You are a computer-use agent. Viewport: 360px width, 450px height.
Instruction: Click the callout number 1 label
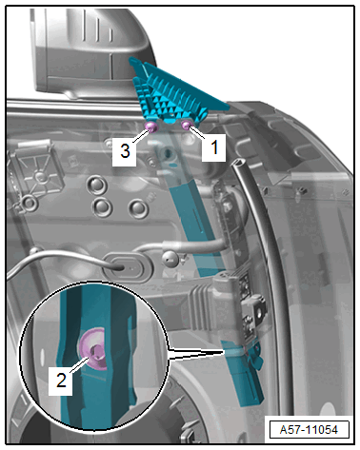(214, 147)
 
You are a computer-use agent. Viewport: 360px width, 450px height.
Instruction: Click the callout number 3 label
(125, 150)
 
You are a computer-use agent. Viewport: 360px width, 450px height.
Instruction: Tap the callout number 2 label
(61, 380)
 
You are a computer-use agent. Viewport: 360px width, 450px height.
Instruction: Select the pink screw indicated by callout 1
(186, 126)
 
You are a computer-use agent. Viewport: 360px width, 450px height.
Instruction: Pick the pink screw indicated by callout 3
(151, 127)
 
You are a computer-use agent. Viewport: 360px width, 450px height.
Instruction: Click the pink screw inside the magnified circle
(93, 349)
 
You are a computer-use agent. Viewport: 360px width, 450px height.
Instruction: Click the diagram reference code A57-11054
(309, 430)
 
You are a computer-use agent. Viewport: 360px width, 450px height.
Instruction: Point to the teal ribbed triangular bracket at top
(174, 93)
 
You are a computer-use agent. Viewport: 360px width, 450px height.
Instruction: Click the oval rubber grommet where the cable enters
(129, 266)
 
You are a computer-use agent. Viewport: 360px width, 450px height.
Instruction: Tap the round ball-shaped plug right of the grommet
(170, 258)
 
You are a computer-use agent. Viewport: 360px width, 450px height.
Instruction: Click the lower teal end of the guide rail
(245, 381)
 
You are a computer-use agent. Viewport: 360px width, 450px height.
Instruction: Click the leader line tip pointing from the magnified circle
(225, 351)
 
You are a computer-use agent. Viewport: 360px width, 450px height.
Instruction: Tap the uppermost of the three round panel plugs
(96, 185)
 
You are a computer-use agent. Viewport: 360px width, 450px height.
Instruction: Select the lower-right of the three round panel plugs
(138, 208)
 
